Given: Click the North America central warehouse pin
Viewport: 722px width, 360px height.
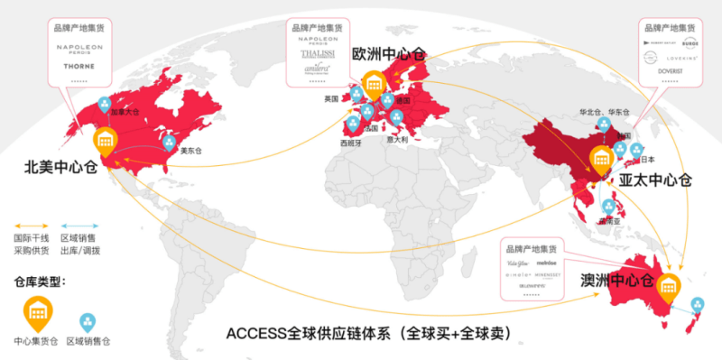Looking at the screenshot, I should [106, 141].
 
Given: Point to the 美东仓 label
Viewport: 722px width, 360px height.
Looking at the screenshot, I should [190, 151].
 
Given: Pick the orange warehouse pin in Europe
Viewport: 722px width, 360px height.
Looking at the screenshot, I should [373, 87].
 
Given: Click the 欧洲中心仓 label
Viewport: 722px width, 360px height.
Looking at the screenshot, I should [390, 54].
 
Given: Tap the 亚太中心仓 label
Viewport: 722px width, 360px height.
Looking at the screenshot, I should [654, 180].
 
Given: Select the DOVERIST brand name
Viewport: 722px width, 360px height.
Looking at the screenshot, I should [669, 69].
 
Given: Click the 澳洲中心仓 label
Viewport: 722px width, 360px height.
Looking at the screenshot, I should [616, 281].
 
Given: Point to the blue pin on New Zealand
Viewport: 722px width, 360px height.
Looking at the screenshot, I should [698, 306].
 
